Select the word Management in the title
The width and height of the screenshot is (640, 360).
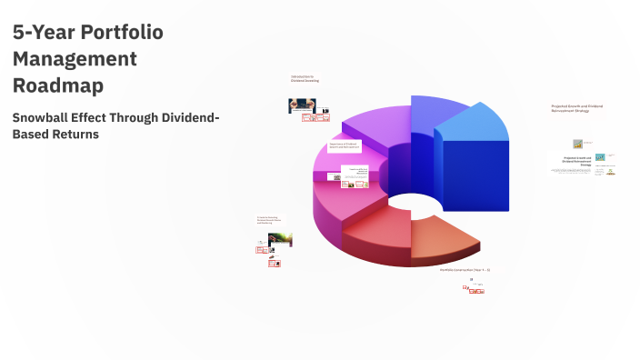tap(75, 59)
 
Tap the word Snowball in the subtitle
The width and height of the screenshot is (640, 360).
tap(47, 117)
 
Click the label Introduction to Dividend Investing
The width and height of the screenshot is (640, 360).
tap(304, 79)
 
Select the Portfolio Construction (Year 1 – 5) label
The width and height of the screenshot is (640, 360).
tap(465, 270)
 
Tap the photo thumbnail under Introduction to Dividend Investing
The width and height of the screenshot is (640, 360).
tap(303, 105)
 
